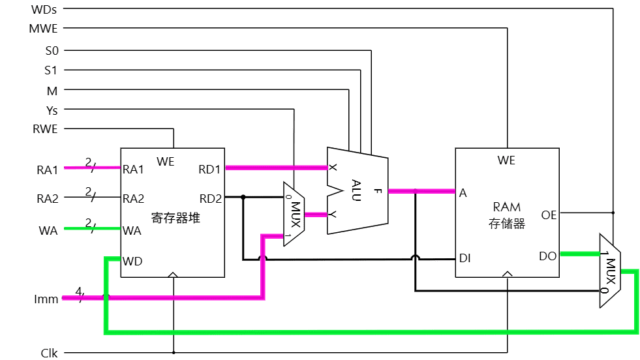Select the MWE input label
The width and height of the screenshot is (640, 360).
pos(44,29)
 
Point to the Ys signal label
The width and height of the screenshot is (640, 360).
pos(52,110)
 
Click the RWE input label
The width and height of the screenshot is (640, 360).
pos(45,129)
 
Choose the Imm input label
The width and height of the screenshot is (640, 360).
pos(46,299)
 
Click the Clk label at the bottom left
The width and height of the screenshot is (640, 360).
pos(49,353)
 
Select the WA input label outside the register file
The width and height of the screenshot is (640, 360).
pos(48,230)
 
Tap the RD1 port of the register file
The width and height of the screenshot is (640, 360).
pos(210,170)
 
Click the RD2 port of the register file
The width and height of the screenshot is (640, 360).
pos(210,198)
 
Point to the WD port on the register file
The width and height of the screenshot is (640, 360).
pos(133,262)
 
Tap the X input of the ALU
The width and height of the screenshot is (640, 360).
pos(333,168)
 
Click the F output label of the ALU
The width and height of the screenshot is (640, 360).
pos(378,191)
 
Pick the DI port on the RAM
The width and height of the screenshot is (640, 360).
pos(465,258)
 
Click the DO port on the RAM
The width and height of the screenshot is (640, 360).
pos(548,256)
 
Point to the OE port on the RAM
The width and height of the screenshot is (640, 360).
pos(549,214)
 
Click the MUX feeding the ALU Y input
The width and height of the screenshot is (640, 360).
pos(294,214)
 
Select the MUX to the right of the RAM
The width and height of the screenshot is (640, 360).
pos(609,270)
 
